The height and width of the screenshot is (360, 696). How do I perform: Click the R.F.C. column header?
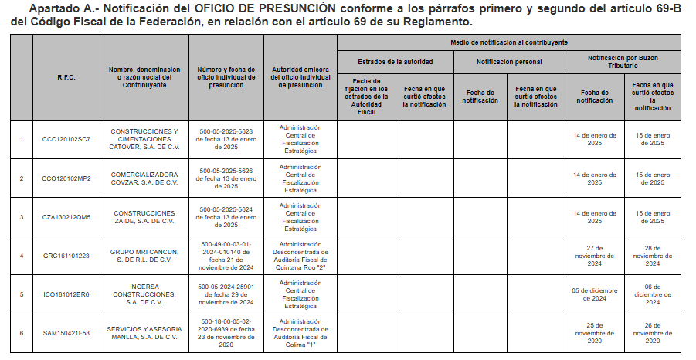66,77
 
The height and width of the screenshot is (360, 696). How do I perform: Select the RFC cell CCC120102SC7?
66,139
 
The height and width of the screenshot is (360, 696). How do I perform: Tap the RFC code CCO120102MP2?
66,178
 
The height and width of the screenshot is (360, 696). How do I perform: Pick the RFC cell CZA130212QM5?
66,217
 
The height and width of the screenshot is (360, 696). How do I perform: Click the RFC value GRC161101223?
66,255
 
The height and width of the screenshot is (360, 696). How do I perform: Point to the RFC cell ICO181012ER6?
66,294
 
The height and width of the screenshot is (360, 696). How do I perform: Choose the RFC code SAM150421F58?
66,333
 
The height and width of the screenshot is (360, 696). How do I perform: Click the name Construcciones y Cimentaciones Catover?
144,139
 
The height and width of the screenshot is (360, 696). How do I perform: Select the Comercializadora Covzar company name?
144,178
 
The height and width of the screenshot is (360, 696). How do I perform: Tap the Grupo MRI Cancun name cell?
144,255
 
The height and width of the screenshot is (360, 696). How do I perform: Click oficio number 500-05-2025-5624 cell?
226,217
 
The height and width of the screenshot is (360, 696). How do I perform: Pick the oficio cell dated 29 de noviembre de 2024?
226,294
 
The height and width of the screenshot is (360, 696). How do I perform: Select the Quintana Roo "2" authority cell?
300,255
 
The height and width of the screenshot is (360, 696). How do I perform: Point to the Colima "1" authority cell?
300,333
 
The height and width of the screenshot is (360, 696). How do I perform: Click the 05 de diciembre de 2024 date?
594,294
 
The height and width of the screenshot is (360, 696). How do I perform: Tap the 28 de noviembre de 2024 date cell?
652,255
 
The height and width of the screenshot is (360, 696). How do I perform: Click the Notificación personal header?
509,61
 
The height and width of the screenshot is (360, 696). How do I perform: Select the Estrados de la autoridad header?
396,61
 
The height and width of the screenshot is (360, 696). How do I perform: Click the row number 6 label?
22,333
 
